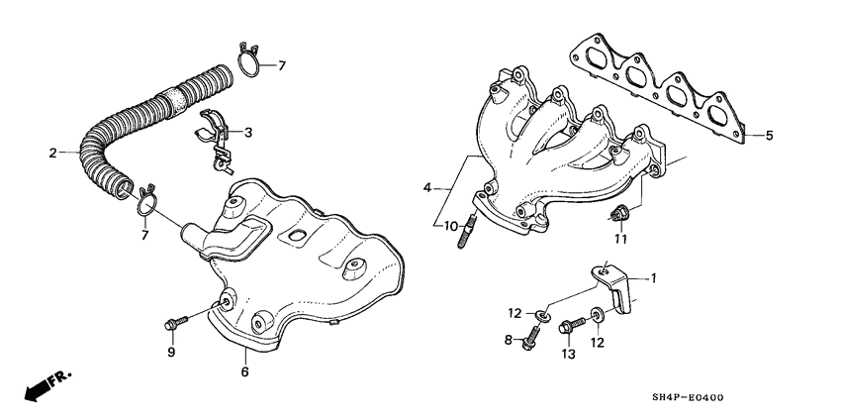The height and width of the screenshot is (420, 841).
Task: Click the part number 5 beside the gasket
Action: coord(769,136)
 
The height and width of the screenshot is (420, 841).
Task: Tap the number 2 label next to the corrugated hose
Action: coord(52,153)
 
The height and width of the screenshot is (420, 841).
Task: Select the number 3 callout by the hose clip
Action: coord(248,132)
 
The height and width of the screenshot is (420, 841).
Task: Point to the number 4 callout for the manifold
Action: coord(427,187)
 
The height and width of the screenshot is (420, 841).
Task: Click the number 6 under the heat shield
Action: coord(244,371)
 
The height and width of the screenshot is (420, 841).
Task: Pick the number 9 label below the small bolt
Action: coord(170,352)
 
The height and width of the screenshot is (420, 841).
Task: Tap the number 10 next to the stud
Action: coord(451,227)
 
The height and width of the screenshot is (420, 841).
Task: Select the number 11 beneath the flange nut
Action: coord(620,239)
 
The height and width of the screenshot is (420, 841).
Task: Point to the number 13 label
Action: coord(568,354)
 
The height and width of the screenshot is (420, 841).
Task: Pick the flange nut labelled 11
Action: coord(620,212)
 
